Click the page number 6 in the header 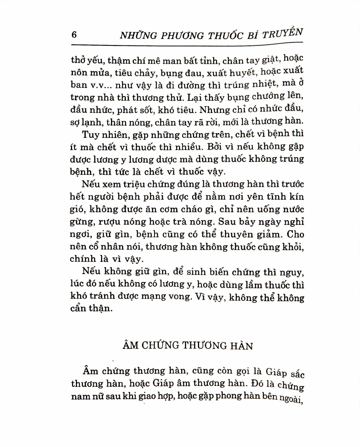coord(74,35)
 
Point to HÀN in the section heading coord(242,346)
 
